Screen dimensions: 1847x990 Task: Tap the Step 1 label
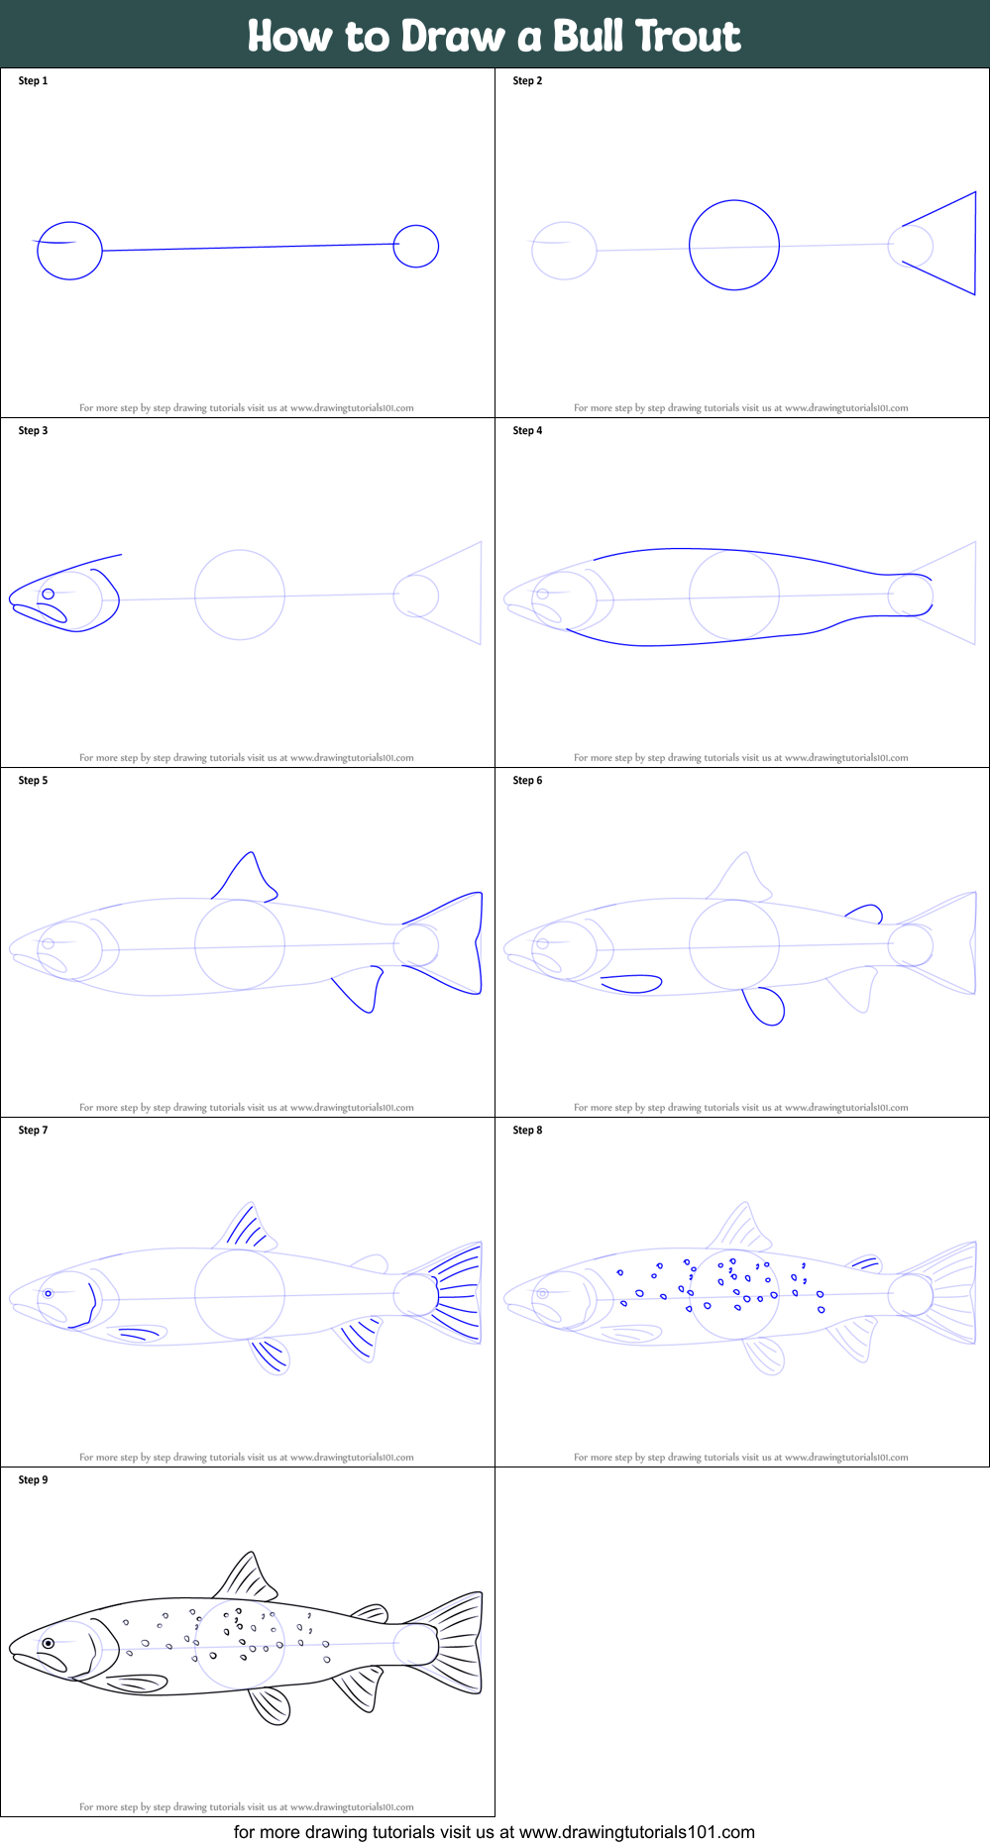33,81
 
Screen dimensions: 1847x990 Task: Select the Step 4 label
527,431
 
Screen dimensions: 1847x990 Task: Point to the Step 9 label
33,1480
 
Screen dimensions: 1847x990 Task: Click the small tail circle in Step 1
415,247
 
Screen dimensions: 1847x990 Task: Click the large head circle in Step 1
69,251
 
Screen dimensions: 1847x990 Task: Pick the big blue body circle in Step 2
734,245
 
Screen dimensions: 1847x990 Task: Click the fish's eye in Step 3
48,595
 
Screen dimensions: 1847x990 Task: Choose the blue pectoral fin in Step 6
631,983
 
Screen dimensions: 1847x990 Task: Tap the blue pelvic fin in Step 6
765,1006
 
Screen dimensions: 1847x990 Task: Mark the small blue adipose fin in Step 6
866,913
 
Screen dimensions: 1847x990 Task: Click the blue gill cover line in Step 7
92,1302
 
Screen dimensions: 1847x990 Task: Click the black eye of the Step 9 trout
48,1644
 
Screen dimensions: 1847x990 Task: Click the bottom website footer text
495,1832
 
